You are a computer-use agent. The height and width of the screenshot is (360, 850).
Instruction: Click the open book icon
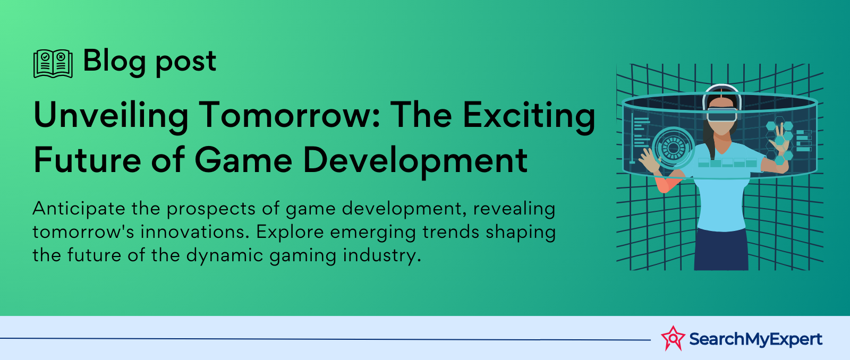(x=53, y=63)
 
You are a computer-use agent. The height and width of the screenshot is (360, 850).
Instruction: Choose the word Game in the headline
(x=243, y=160)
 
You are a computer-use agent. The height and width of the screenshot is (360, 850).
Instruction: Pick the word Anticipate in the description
(x=79, y=209)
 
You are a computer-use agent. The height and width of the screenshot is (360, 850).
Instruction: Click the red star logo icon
(x=673, y=338)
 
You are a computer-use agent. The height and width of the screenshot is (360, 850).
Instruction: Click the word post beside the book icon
(x=186, y=63)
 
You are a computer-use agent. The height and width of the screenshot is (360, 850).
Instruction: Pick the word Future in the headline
(x=87, y=160)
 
